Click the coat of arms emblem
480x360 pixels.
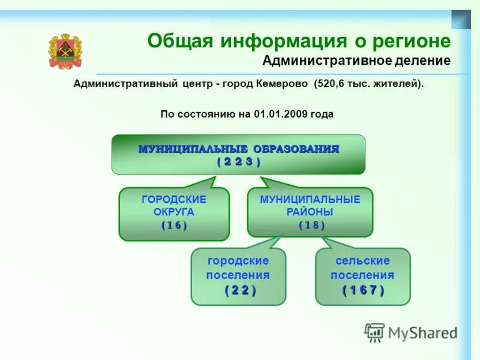[x=65, y=52]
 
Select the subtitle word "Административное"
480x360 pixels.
[x=325, y=61]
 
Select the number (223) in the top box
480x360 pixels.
[x=238, y=161]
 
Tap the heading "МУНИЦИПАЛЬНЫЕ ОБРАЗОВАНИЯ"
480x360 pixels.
[x=238, y=149]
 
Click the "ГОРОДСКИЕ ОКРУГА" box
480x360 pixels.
[x=174, y=213]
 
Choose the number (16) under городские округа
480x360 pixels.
[x=174, y=226]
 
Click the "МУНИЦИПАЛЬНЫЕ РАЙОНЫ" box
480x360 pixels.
[x=310, y=211]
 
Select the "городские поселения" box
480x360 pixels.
[x=238, y=276]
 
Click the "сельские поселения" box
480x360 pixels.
[x=362, y=276]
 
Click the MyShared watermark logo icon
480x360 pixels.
[x=374, y=332]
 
